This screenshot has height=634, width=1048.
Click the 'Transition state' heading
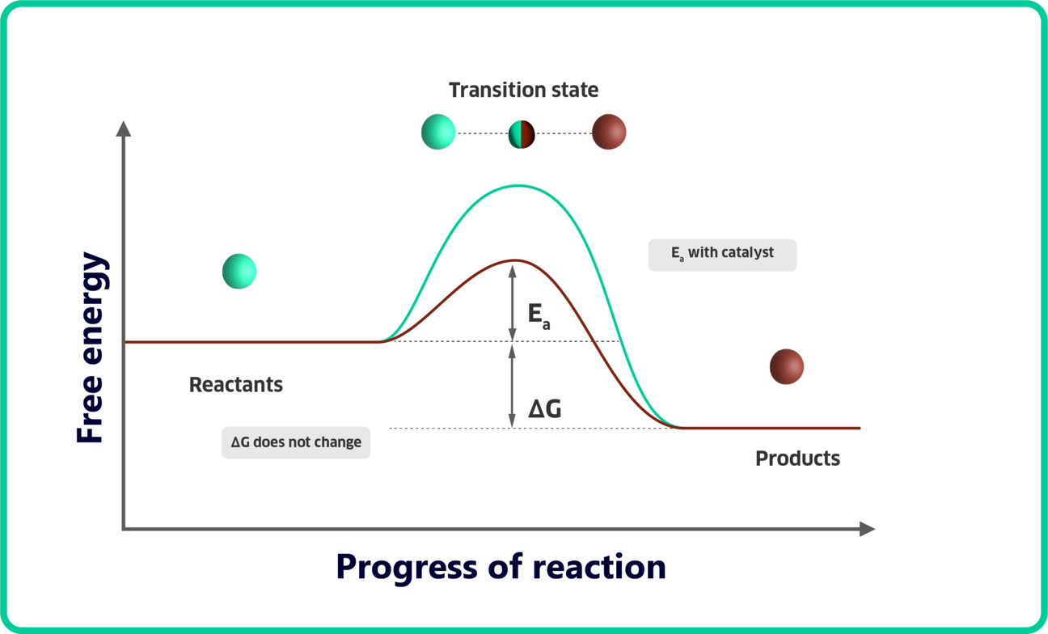pos(523,90)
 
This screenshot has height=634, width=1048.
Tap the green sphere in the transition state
pos(438,132)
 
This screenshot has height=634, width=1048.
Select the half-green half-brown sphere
pos(522,133)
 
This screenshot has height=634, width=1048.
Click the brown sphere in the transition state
pos(609,132)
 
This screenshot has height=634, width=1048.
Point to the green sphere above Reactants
pos(239,271)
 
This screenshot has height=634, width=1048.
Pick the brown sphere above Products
pos(787,366)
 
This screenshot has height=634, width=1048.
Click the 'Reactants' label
pos(236,384)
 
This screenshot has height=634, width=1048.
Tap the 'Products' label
pos(797,459)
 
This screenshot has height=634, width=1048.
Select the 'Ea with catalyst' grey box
pos(722,254)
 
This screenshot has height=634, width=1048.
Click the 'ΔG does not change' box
pos(296,442)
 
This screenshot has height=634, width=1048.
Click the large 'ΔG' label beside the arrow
pos(544,409)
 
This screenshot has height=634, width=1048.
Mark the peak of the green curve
pos(518,186)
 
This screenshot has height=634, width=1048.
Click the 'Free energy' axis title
pos(91,349)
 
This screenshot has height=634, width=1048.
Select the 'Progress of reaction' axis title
pos(501,566)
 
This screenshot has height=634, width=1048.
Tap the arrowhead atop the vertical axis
pos(123,129)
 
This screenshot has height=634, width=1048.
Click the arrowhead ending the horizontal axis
pos(868,529)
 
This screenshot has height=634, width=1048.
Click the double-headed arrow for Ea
pos(512,303)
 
